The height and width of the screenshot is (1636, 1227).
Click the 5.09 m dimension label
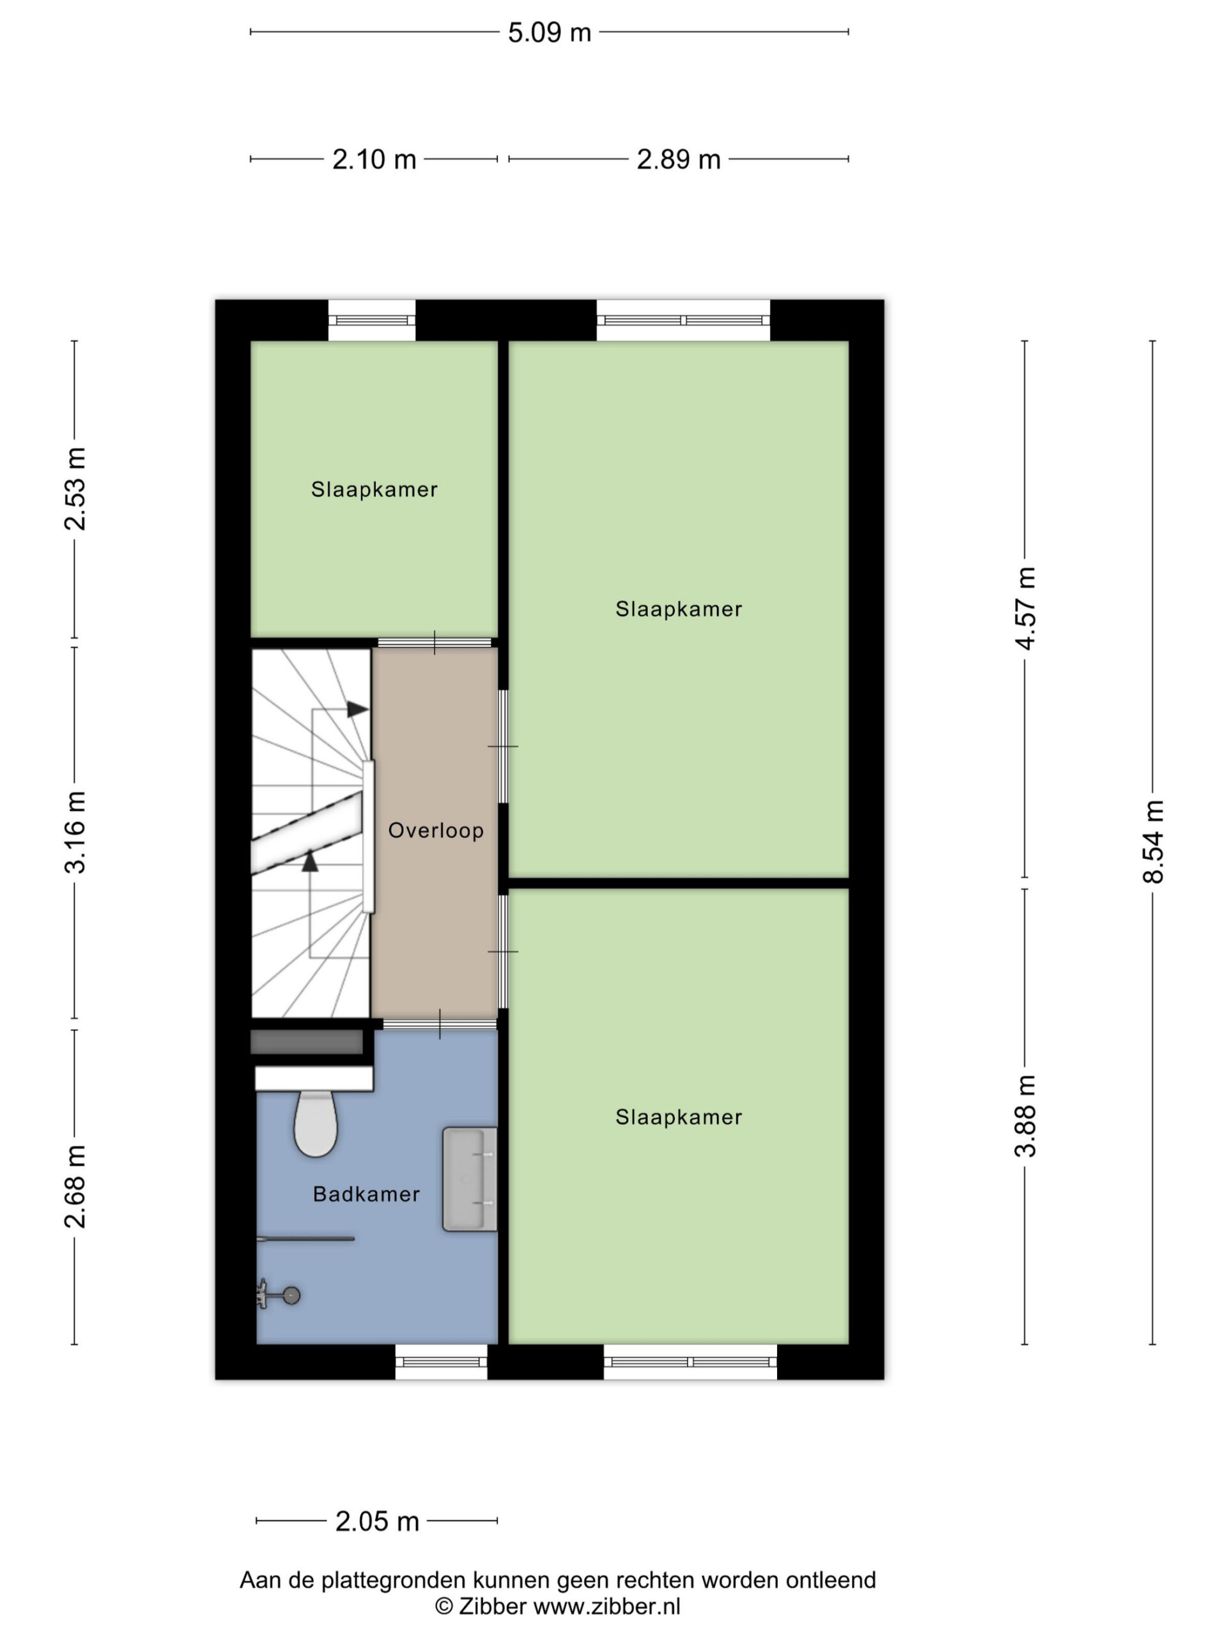point(550,33)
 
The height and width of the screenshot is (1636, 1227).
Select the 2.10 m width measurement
point(374,159)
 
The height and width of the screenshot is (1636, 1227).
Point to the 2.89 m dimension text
point(678,159)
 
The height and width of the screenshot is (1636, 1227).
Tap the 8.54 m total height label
point(1153,842)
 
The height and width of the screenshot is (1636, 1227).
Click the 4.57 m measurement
point(1025,608)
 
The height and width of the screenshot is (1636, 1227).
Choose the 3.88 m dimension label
point(1025,1116)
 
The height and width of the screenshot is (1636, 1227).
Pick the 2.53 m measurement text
point(75,489)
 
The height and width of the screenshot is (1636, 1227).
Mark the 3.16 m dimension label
point(75,832)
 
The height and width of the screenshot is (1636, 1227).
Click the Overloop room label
point(436,831)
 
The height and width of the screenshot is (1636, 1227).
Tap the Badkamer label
point(367,1194)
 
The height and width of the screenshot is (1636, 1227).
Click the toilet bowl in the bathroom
point(316,1123)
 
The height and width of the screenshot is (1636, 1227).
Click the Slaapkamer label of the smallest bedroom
point(374,490)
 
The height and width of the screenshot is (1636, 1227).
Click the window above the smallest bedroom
point(372,320)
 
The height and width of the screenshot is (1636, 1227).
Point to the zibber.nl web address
point(606,1607)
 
